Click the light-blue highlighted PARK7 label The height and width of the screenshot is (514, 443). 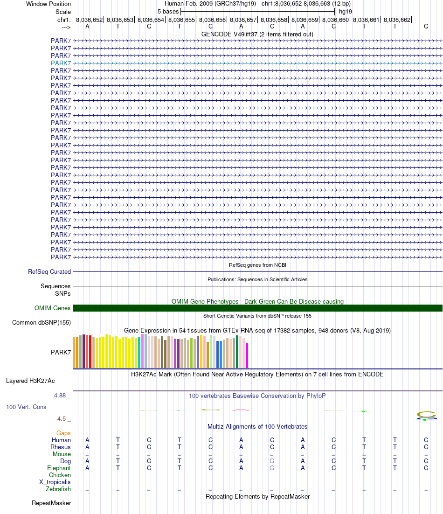[x=61, y=63]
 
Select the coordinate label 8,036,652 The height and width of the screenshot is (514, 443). [x=89, y=20]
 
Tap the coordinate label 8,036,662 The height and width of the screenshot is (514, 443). [x=397, y=20]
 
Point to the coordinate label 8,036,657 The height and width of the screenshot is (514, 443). [x=243, y=20]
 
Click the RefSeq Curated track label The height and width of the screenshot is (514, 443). [x=49, y=271]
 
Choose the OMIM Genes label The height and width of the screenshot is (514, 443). [x=53, y=308]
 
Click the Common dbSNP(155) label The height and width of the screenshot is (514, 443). [x=42, y=322]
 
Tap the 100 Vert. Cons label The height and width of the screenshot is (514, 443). [x=26, y=407]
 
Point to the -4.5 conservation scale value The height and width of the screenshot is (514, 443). [x=61, y=419]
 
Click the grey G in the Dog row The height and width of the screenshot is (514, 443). [x=272, y=461]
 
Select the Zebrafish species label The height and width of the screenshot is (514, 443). [x=58, y=489]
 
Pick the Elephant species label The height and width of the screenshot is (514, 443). [x=59, y=468]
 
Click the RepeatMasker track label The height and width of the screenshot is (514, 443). [x=51, y=503]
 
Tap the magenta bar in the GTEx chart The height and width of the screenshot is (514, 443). [x=247, y=356]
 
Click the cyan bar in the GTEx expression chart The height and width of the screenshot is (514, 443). [x=139, y=352]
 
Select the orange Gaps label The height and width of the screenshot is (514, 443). [x=63, y=433]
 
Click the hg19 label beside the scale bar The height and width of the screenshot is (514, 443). [x=346, y=11]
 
